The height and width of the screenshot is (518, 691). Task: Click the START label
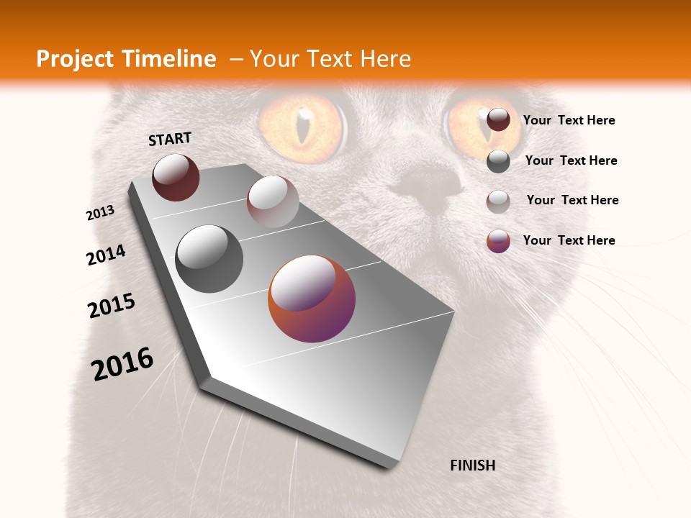(x=170, y=139)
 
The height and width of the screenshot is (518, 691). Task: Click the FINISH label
(x=472, y=465)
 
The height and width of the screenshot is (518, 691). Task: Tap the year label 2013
(x=100, y=213)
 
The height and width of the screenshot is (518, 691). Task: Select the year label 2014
(x=106, y=255)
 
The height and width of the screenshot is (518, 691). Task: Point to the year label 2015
(x=112, y=306)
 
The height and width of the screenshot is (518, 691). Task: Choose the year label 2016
(x=122, y=364)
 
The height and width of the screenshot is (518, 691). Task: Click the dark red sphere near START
(x=176, y=177)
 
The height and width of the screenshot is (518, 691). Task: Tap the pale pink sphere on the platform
(x=273, y=201)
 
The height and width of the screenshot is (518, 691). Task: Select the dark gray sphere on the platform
(x=209, y=258)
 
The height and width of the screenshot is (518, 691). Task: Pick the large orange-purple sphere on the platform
(x=312, y=299)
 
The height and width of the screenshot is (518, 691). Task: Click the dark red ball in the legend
(x=498, y=120)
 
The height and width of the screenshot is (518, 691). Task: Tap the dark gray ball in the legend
(x=498, y=161)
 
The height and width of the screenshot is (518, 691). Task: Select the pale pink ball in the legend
(x=498, y=201)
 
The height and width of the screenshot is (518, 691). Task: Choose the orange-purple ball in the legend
(x=498, y=241)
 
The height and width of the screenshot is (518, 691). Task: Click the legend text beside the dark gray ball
(x=571, y=160)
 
